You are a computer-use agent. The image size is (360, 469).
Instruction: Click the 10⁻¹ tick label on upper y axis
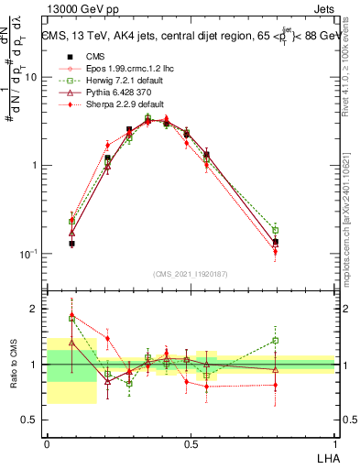point(30,253)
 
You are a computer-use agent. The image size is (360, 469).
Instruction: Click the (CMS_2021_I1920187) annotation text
point(190,274)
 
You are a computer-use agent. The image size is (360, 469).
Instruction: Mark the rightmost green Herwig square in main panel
point(276,230)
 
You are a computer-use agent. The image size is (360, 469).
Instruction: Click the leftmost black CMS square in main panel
point(71,244)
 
